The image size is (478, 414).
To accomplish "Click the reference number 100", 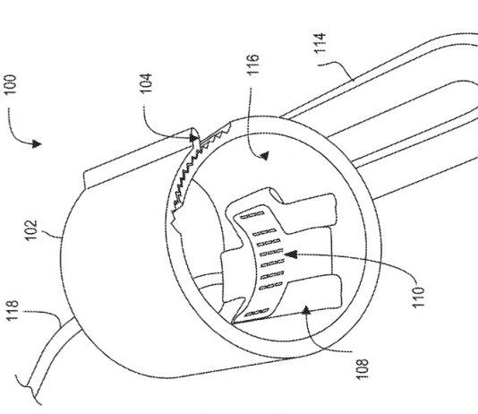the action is [12, 84].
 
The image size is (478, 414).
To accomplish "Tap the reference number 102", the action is [30, 230].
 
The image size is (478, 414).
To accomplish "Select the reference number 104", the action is [146, 83].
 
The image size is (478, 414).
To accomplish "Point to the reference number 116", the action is [253, 65].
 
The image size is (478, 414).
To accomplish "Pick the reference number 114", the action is [320, 43].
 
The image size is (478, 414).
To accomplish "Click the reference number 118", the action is [13, 311].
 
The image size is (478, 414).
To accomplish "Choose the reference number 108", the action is [362, 369].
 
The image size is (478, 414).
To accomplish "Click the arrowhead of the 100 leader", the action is [37, 143].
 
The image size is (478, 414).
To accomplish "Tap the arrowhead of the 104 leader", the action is [193, 137].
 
